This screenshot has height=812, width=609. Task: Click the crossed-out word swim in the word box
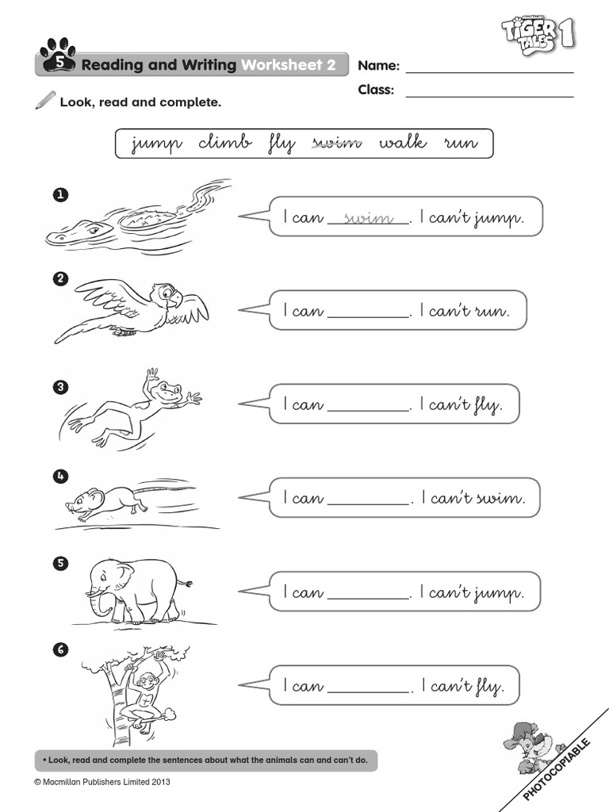tap(337, 144)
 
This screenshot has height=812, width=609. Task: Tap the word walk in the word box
tap(402, 143)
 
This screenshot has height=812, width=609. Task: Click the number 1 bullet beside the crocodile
tap(58, 193)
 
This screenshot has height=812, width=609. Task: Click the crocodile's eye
tap(94, 229)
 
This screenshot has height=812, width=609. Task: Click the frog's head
tap(167, 389)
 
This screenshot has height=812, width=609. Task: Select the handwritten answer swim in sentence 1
tap(370, 218)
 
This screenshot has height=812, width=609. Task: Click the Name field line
tap(489, 72)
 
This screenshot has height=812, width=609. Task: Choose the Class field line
tap(489, 97)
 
